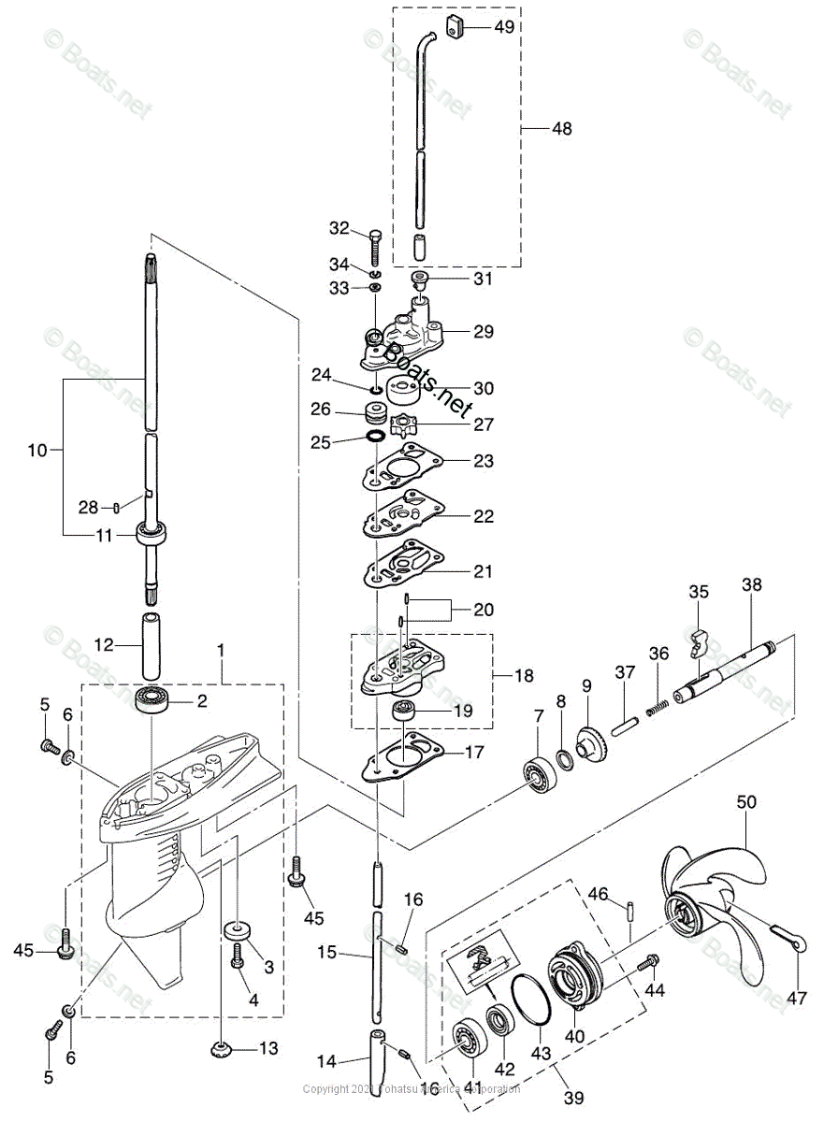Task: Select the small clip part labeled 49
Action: point(455,29)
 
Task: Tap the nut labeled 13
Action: point(223,1048)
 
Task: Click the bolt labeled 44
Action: point(646,960)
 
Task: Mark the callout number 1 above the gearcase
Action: point(221,649)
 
